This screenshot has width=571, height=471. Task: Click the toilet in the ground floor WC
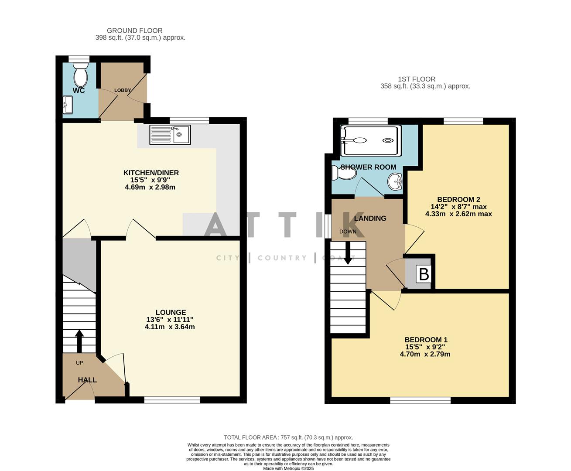pyautogui.click(x=80, y=76)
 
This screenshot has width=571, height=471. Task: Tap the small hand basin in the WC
pyautogui.click(x=68, y=105)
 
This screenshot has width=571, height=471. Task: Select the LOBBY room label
pyautogui.click(x=123, y=90)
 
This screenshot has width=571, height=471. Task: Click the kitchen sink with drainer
pyautogui.click(x=170, y=134)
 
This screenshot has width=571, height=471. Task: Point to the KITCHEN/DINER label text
pyautogui.click(x=151, y=173)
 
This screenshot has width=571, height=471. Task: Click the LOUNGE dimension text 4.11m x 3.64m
pyautogui.click(x=170, y=327)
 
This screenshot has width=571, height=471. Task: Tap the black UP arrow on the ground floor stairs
pyautogui.click(x=79, y=341)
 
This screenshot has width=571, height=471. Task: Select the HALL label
pyautogui.click(x=87, y=380)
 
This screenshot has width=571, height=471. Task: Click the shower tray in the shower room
pyautogui.click(x=370, y=141)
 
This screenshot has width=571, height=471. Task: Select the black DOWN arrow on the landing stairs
pyautogui.click(x=348, y=253)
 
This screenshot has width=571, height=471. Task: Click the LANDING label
pyautogui.click(x=370, y=218)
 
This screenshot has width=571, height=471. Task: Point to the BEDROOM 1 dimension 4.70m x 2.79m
pyautogui.click(x=425, y=354)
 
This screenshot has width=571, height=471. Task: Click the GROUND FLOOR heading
pyautogui.click(x=135, y=31)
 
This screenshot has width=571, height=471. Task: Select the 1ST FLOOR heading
pyautogui.click(x=416, y=79)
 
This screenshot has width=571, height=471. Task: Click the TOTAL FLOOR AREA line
pyautogui.click(x=288, y=437)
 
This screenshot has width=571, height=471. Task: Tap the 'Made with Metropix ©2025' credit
pyautogui.click(x=288, y=468)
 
